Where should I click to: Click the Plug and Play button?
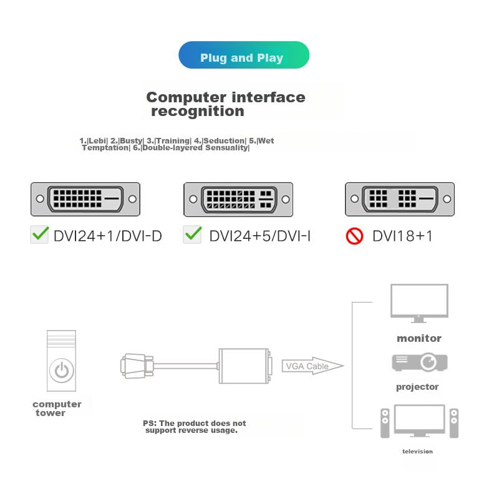[243, 56]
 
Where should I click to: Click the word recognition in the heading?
[197, 112]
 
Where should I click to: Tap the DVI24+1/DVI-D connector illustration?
[85, 199]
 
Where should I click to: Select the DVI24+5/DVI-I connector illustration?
[238, 200]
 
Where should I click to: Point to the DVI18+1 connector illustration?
[400, 199]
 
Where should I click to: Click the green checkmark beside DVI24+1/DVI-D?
[40, 235]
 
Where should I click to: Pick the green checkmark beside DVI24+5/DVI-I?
[193, 235]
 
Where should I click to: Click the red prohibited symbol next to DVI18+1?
[354, 236]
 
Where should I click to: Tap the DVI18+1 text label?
[402, 236]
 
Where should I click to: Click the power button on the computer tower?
[61, 371]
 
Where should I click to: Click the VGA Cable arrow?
[312, 366]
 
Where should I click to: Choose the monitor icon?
[419, 303]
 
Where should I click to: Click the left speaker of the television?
[385, 424]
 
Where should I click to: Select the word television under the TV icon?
[417, 451]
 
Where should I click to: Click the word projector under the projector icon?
[417, 387]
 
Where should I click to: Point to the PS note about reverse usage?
[195, 427]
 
